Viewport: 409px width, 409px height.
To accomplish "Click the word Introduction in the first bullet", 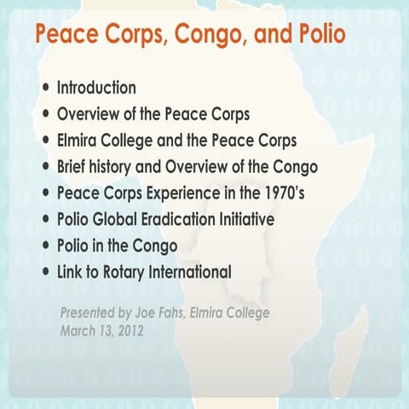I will (96, 88).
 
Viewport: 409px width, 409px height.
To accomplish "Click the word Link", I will (71, 273).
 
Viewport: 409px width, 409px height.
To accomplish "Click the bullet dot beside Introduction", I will (45, 89).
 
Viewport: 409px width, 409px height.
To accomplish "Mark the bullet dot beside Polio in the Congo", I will (45, 247).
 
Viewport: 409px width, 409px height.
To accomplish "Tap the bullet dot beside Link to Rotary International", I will (45, 274).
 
